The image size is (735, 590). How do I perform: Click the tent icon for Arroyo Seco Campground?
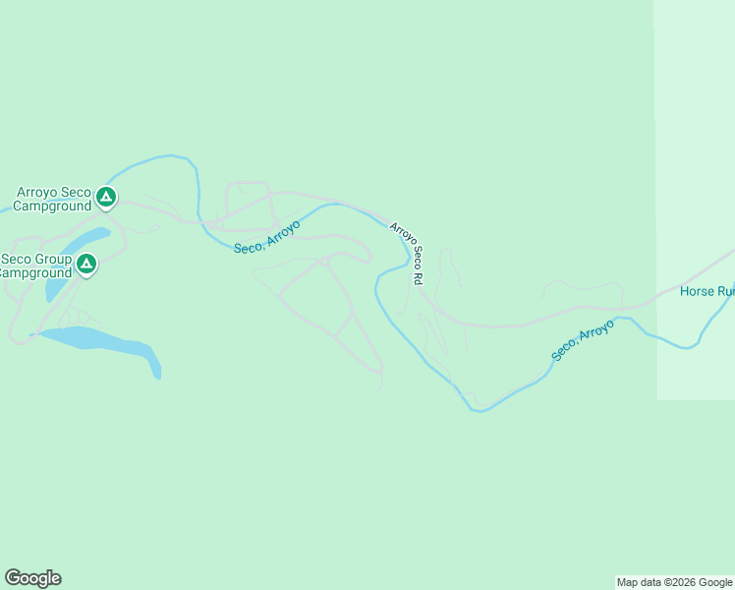tap(106, 198)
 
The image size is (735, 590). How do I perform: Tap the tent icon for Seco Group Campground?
tap(86, 264)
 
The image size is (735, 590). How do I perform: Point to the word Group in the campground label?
tap(54, 260)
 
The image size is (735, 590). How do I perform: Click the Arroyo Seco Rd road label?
tap(406, 253)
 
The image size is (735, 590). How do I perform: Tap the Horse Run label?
tap(707, 292)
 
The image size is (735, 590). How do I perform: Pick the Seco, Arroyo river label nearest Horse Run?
tap(583, 339)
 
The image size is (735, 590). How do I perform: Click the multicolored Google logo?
tap(32, 578)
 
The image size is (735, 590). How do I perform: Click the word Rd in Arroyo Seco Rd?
tap(418, 278)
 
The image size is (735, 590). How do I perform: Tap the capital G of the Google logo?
tap(13, 578)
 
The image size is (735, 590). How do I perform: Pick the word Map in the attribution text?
tap(628, 582)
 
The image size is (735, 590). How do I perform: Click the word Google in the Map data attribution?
tap(716, 582)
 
